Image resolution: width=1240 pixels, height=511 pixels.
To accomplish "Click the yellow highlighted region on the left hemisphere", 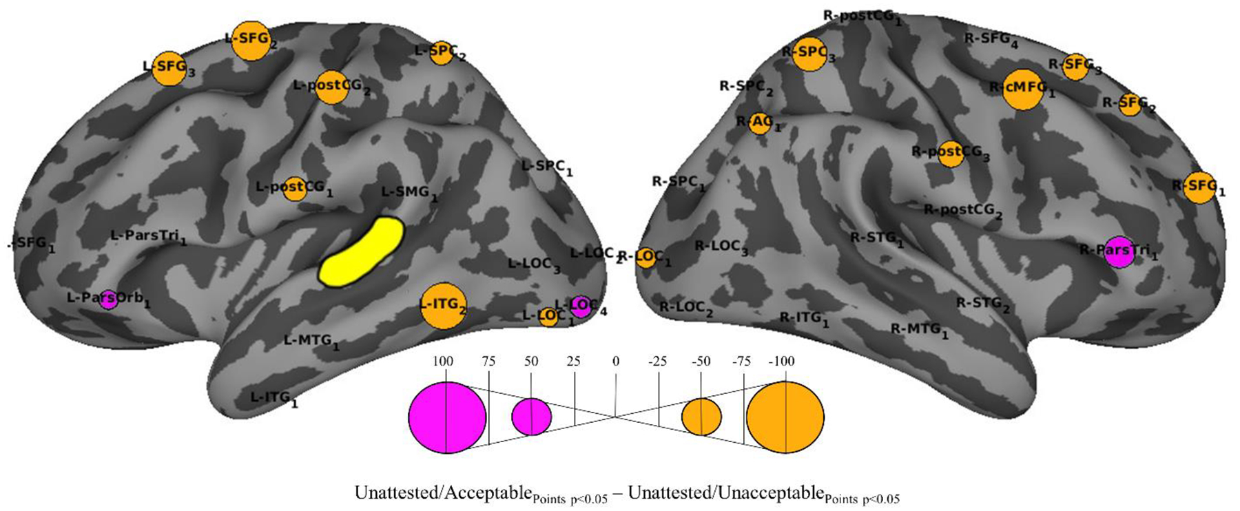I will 360,252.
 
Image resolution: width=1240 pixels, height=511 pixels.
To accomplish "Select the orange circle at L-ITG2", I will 444,306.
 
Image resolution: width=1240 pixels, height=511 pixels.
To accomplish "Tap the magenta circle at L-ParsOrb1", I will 108,300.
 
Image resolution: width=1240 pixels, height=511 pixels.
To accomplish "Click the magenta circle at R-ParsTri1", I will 1120,253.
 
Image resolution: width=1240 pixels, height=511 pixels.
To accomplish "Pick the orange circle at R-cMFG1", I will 1023,90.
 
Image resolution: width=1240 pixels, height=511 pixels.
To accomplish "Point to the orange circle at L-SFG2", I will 251,41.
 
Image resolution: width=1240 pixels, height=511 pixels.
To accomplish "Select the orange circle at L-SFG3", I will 169,68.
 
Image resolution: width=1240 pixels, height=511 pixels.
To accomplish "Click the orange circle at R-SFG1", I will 1199,187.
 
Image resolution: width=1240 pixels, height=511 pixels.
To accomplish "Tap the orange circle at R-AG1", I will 760,123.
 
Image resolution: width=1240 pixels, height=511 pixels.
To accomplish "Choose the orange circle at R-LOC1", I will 645,258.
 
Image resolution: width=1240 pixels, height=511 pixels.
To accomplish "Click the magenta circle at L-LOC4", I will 581,306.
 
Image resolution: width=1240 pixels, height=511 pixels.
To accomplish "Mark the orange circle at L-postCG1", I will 295,187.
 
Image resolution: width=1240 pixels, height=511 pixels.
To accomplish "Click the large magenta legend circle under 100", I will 447,417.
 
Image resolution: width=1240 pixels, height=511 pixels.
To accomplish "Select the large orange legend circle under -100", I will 785,417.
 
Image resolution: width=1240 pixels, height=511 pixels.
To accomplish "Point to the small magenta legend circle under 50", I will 531,417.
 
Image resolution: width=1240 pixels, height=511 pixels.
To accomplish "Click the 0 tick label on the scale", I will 616,362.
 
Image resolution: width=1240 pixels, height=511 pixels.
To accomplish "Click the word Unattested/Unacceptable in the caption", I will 726,494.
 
